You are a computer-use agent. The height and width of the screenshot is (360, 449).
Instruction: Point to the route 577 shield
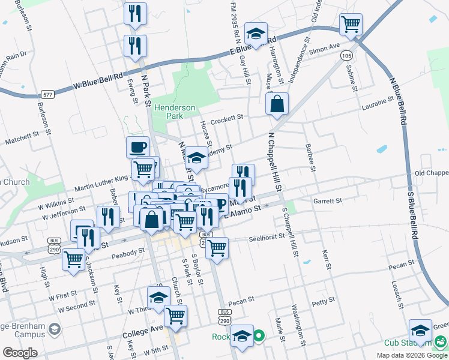tap(48, 95)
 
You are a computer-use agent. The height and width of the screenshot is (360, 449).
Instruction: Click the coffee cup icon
tap(137, 147)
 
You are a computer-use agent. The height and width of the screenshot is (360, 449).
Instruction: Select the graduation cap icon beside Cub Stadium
tap(420, 331)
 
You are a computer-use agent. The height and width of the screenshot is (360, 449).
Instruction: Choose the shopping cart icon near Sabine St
tap(351, 25)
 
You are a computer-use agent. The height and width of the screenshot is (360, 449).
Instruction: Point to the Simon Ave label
tap(324, 49)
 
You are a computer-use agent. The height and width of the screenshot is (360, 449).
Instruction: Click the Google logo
tap(20, 352)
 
